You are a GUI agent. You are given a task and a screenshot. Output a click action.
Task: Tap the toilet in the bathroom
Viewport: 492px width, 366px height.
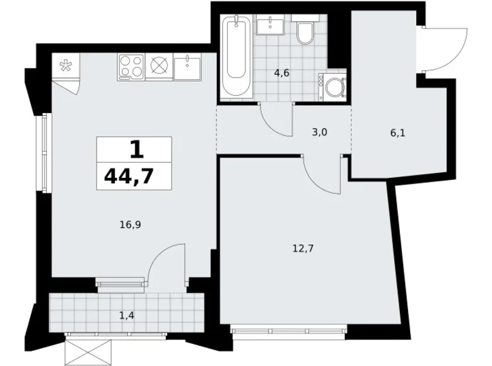pyautogui.click(x=305, y=33)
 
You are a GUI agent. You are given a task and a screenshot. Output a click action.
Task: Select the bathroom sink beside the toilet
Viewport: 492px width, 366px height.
pyautogui.click(x=271, y=25)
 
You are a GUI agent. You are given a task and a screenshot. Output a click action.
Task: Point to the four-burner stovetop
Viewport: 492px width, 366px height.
pyautogui.click(x=131, y=67)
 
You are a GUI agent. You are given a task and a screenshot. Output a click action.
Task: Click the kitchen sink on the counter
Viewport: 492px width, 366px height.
pyautogui.click(x=187, y=67)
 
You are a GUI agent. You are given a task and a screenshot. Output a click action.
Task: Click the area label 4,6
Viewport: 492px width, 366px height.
pyautogui.click(x=281, y=73)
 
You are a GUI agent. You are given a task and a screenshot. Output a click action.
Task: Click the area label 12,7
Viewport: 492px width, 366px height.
pyautogui.click(x=303, y=248)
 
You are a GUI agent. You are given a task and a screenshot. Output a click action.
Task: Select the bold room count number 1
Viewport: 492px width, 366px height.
pyautogui.click(x=134, y=150)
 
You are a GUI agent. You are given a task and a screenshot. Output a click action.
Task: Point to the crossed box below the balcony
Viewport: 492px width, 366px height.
pyautogui.click(x=88, y=349)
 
